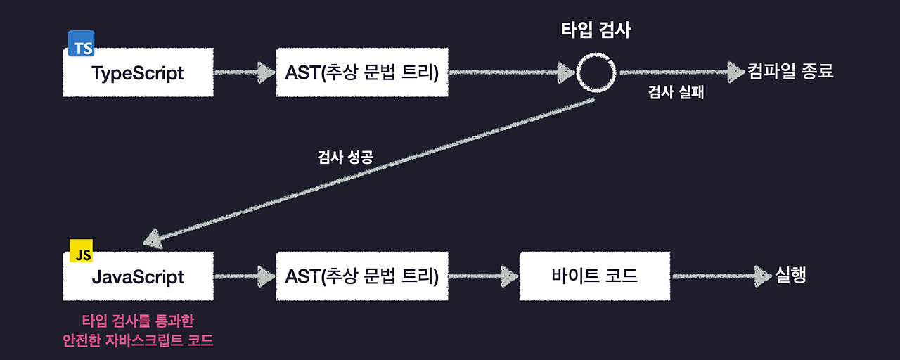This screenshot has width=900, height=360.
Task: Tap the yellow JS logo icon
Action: [x=82, y=251]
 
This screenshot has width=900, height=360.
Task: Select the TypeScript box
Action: [x=138, y=73]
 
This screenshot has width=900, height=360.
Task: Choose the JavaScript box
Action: [x=138, y=276]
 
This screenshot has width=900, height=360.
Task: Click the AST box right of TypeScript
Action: [x=362, y=72]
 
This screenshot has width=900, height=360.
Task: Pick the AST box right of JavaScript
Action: [x=362, y=276]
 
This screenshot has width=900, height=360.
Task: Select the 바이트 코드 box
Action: [x=594, y=276]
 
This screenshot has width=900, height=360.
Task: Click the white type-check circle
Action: [x=596, y=72]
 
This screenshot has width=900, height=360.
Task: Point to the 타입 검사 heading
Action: [x=596, y=30]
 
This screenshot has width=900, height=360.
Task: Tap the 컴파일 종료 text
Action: [x=791, y=71]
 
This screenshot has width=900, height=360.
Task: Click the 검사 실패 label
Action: [x=676, y=92]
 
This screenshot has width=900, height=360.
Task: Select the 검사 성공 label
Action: [x=345, y=157]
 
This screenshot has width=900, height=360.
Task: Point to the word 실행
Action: [x=790, y=275]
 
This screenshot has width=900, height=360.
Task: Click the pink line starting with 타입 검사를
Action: [x=138, y=321]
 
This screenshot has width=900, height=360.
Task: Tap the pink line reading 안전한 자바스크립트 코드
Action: [x=138, y=341]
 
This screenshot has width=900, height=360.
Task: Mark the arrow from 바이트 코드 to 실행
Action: [x=721, y=276]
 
